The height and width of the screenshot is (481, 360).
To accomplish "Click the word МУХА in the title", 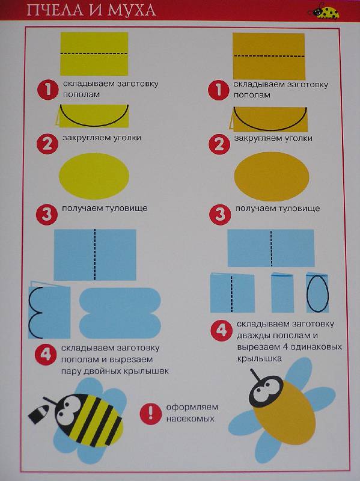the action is pyautogui.click(x=132, y=10).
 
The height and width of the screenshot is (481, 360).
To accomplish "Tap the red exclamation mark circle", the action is pyautogui.click(x=150, y=413).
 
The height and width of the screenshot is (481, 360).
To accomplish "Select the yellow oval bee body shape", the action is pyautogui.click(x=94, y=176).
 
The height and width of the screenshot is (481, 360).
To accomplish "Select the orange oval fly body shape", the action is pyautogui.click(x=272, y=176).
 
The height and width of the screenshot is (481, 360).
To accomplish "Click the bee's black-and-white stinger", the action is pyautogui.click(x=39, y=414).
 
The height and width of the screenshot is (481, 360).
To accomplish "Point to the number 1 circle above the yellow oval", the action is pyautogui.click(x=48, y=90).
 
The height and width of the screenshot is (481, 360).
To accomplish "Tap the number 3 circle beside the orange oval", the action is pyautogui.click(x=220, y=215).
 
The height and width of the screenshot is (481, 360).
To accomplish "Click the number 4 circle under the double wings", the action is pyautogui.click(x=46, y=354).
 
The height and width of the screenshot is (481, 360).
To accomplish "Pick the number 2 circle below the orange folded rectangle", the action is pyautogui.click(x=219, y=144).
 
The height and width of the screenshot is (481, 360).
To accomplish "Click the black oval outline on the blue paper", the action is pyautogui.click(x=317, y=293).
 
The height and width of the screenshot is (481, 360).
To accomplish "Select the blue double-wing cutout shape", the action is pyautogui.click(x=120, y=313).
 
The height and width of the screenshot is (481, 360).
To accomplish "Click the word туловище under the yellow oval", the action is pyautogui.click(x=126, y=208).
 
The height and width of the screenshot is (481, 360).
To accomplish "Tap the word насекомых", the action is pyautogui.click(x=190, y=418).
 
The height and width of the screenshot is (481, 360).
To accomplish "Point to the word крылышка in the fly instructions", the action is pyautogui.click(x=259, y=358).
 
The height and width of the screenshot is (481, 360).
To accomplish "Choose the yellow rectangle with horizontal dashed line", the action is pyautogui.click(x=94, y=54).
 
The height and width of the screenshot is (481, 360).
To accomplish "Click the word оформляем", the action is pyautogui.click(x=192, y=408).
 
